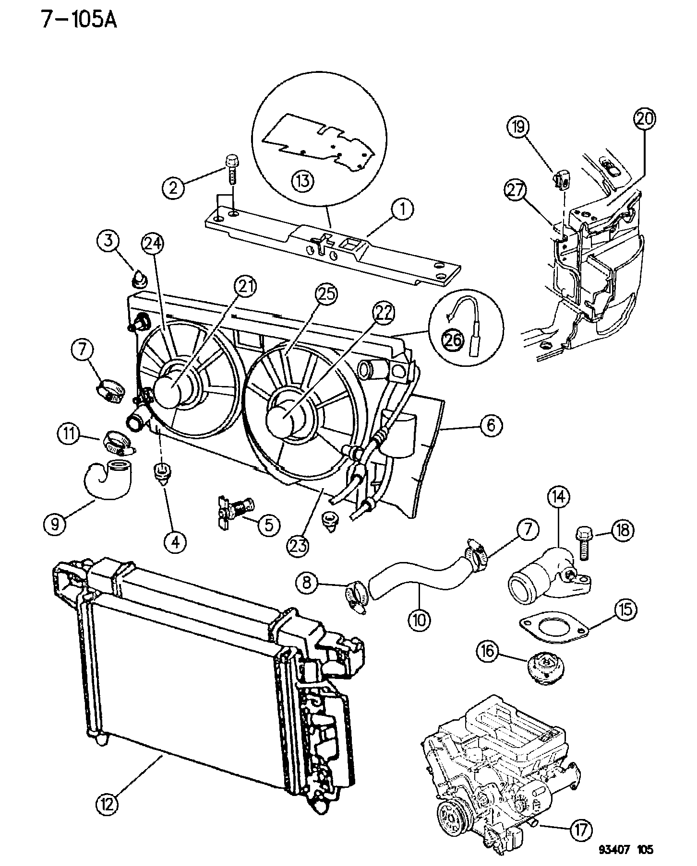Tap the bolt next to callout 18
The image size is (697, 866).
click(582, 543)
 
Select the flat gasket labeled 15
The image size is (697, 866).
click(553, 626)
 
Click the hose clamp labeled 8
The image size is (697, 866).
click(356, 595)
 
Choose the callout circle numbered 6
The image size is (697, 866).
click(489, 425)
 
